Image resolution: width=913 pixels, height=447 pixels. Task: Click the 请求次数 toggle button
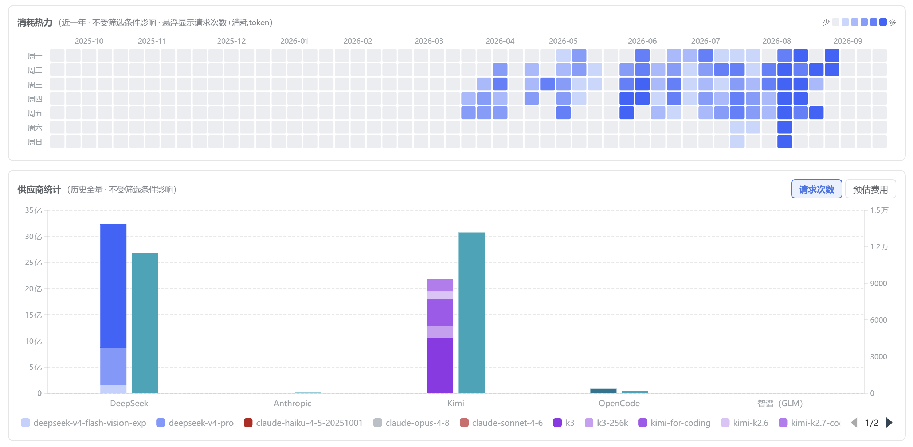point(816,189)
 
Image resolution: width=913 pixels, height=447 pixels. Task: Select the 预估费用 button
point(870,189)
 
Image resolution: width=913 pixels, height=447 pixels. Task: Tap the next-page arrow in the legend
point(889,423)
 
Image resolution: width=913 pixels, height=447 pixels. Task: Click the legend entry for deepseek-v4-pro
point(195,423)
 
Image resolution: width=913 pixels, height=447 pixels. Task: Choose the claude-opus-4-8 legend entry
point(411,423)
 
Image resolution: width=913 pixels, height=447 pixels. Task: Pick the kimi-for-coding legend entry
point(674,423)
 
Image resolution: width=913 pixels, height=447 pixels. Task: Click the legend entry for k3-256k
point(606,423)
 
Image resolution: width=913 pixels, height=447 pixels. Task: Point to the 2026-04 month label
point(500,41)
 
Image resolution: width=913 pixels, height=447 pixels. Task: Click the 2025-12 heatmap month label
point(231,41)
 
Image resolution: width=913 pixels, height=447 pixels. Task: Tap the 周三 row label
point(35,85)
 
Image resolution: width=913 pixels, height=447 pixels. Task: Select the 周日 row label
point(35,142)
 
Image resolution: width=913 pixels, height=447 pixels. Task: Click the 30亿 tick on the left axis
point(33,237)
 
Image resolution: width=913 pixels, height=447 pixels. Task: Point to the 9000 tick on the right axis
point(878,283)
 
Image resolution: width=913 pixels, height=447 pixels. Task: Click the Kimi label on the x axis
point(455,403)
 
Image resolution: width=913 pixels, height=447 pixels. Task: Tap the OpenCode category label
point(619,403)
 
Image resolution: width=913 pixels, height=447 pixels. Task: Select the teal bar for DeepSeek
point(145,323)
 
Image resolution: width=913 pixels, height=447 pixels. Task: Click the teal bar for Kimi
point(471,312)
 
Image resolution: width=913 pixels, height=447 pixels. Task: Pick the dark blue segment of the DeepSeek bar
point(113,286)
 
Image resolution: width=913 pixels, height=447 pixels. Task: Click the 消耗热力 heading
point(35,23)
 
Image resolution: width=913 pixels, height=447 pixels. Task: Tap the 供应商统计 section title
point(39,190)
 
